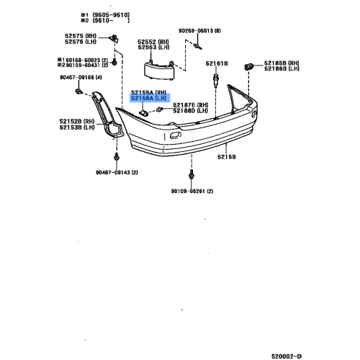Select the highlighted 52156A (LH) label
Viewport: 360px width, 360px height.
pos(148,101)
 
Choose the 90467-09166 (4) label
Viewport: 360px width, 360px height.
pos(81,77)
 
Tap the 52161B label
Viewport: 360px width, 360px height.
pos(217,64)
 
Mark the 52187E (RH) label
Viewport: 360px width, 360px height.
pos(192,105)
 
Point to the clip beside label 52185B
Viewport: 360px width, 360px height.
pos(249,66)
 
